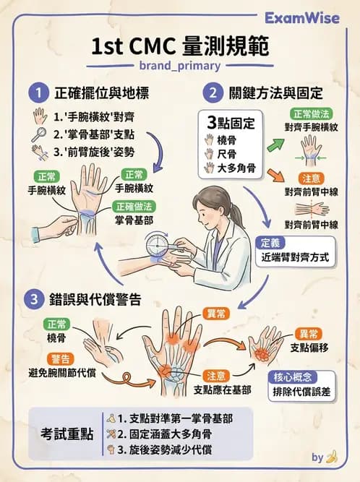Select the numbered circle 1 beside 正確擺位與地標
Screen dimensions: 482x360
tap(35, 92)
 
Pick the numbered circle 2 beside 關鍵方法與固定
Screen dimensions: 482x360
tap(213, 92)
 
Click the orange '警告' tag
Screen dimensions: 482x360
tap(60, 358)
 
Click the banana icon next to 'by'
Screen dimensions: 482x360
tap(332, 457)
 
